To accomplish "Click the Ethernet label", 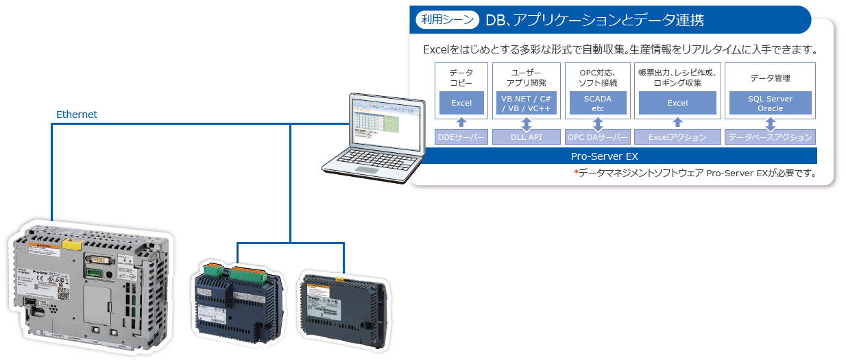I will coord(77,115).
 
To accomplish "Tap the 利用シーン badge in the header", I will coord(446,20).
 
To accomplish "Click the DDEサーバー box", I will coord(461,137).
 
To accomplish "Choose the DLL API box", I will coord(527,137).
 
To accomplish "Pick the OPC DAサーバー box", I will coord(598,137).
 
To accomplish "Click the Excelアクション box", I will coord(677,137).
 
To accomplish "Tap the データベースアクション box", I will coord(770,137).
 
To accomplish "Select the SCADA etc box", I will coord(598,104).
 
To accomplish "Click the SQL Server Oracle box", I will coord(770,104).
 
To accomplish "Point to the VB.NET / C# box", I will coord(527,104).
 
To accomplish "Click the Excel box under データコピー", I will coord(461,104).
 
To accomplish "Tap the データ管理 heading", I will coord(770,77).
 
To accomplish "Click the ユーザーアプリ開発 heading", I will coord(527,77).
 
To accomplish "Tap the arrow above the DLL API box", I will coord(527,123).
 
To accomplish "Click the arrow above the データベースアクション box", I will coord(770,123).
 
